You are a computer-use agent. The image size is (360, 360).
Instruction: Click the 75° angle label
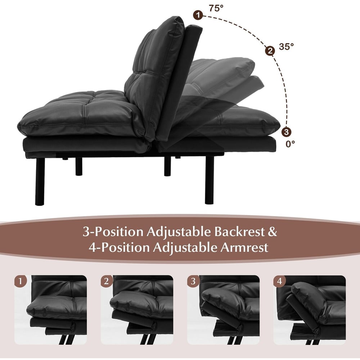pos(216,8)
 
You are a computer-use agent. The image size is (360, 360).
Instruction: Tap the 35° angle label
pos(286,46)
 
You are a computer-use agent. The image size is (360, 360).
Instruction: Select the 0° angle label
pos(290,144)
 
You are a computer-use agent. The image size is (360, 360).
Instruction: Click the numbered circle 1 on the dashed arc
pos(198,15)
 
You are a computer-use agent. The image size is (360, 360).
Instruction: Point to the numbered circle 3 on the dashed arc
pos(286,132)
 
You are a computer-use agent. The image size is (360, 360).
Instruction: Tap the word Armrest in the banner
pos(244,248)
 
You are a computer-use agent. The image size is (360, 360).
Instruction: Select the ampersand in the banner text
pos(273,232)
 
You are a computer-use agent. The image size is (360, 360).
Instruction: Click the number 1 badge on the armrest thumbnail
pos(21,281)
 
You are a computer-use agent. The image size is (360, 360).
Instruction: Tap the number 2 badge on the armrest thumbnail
pos(106,281)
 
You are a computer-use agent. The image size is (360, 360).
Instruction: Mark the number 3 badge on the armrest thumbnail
pos(193,281)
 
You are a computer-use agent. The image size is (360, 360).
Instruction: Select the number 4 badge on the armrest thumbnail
pos(279,281)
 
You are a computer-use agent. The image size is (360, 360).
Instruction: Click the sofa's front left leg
pos(40,181)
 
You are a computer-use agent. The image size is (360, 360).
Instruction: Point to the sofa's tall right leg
pos(209,180)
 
